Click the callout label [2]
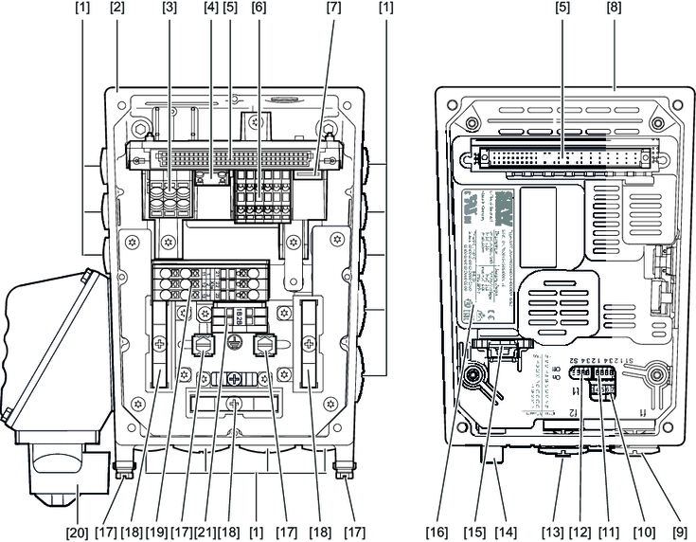click(117, 9)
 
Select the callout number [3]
click(170, 9)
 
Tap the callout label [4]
click(209, 9)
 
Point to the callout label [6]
click(258, 9)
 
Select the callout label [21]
click(201, 532)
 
